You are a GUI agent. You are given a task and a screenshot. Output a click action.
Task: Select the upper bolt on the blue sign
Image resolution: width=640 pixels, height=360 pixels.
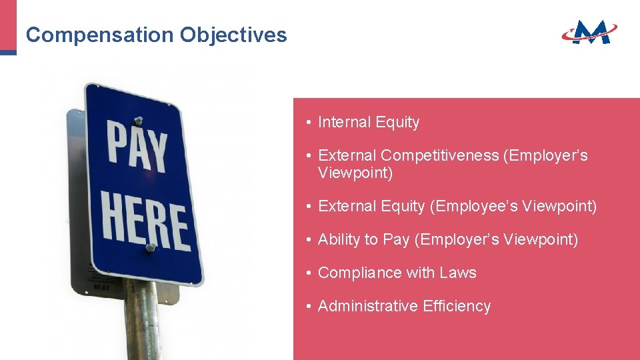[x=139, y=121]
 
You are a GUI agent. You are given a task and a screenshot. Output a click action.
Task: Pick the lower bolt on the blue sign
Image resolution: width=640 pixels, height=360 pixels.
[x=150, y=248]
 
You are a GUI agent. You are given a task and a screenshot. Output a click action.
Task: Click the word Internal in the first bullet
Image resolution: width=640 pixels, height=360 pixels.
[x=344, y=122]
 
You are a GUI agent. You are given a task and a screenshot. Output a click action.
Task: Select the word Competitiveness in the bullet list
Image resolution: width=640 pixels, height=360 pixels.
[x=439, y=155]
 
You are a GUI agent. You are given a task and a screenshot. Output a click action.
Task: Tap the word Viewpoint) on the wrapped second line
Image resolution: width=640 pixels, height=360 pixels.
[x=355, y=173]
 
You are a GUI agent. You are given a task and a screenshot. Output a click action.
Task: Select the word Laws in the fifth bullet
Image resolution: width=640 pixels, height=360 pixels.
[x=458, y=273]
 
